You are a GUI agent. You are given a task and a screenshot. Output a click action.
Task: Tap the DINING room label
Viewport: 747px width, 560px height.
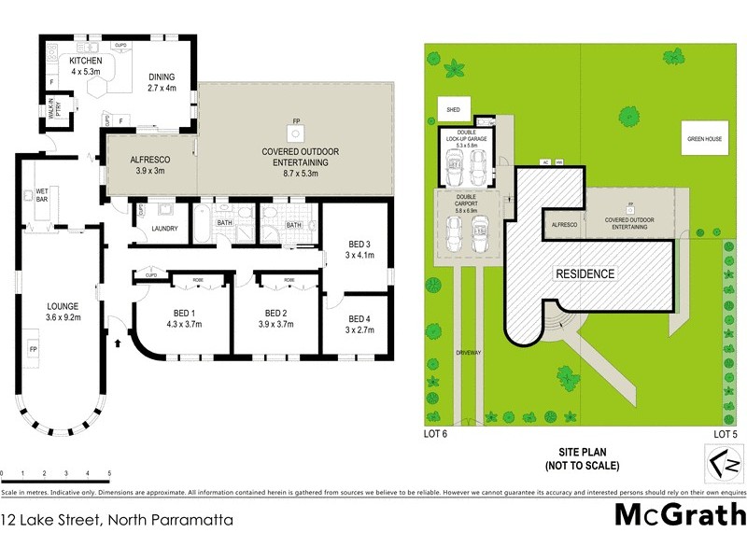pyautogui.click(x=169, y=77)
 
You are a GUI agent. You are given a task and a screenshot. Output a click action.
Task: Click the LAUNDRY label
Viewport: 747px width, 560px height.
pyautogui.click(x=163, y=228)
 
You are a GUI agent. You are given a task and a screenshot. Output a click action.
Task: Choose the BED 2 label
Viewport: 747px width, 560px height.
pyautogui.click(x=275, y=313)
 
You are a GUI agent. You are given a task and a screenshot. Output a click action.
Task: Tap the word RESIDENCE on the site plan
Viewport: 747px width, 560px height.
pyautogui.click(x=585, y=274)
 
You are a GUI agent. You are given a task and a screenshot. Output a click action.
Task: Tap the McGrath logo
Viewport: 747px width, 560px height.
pyautogui.click(x=679, y=515)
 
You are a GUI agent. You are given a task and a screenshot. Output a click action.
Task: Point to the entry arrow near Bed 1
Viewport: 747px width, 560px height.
pyautogui.click(x=118, y=343)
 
